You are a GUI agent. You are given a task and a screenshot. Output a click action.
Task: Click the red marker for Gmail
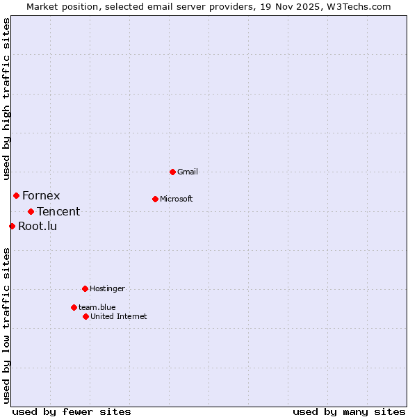172,172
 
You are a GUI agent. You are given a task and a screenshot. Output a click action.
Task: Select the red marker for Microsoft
155,199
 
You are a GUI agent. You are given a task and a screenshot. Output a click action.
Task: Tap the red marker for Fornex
16,195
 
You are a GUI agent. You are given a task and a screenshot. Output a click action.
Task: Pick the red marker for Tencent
31,211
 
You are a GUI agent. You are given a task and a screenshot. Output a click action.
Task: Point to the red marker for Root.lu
12,226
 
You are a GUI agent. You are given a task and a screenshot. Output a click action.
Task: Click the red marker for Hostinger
85,288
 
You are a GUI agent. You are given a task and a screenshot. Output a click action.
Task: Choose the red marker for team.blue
74,307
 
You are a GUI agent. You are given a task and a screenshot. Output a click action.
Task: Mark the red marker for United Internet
85,316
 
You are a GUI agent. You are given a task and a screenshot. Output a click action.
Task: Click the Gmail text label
188,172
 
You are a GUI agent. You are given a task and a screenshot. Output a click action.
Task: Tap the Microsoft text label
177,199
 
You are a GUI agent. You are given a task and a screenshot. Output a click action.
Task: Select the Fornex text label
41,195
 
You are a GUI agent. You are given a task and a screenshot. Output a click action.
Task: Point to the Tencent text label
58,211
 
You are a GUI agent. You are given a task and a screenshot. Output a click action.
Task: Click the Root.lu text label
38,226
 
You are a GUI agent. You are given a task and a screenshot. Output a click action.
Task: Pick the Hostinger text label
107,288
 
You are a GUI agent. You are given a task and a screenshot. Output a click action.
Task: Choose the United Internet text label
118,316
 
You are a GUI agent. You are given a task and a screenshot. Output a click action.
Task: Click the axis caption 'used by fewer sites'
72,411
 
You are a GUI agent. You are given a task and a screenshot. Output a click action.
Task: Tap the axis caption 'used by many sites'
349,411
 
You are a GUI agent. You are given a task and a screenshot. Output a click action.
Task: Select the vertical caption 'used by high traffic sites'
6,99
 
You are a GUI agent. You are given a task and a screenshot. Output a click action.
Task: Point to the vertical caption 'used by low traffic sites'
6,325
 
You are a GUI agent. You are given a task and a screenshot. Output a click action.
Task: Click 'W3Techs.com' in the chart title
359,6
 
